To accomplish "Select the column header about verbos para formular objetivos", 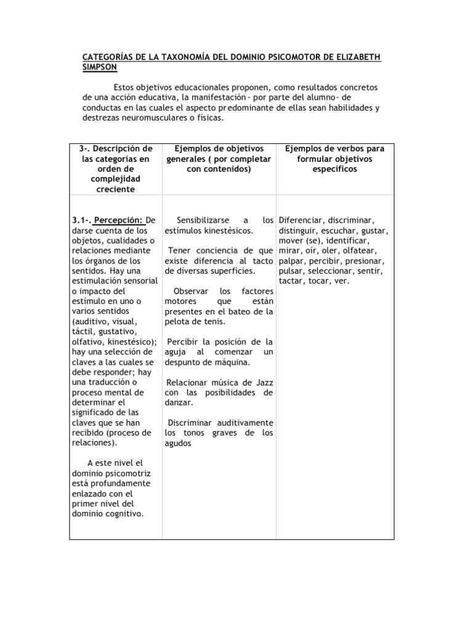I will pos(334,159).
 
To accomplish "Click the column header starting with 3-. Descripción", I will pos(116,169).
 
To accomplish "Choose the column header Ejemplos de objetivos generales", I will pos(219,159).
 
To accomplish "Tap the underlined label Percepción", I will pos(119,220).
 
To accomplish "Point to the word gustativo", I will pos(119,331).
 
